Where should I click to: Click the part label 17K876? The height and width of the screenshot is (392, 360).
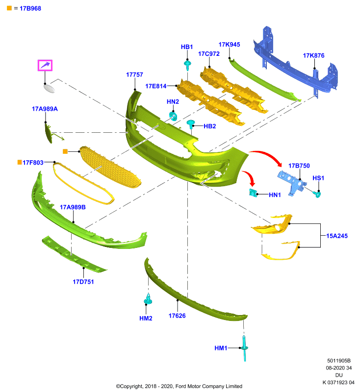click(x=313, y=55)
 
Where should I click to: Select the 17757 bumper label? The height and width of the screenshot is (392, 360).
click(x=134, y=75)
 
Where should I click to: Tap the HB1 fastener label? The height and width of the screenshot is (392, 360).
click(x=187, y=47)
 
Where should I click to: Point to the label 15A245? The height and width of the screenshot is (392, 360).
click(x=337, y=236)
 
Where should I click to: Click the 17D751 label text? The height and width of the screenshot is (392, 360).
click(x=83, y=282)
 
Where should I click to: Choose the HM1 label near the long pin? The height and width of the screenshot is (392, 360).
click(x=221, y=348)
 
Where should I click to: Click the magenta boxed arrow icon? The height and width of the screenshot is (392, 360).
click(x=45, y=66)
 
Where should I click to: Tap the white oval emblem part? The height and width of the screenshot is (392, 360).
click(x=49, y=89)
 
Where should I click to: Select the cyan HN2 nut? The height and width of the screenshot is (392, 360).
click(x=173, y=116)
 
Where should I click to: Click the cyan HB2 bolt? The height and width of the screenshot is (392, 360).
click(x=191, y=124)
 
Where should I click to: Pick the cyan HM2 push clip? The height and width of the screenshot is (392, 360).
click(x=148, y=299)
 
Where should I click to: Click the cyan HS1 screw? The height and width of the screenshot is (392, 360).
click(x=317, y=194)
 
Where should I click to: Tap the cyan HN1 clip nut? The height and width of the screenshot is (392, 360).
click(x=253, y=193)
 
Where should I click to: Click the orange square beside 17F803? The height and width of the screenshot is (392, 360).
click(x=20, y=162)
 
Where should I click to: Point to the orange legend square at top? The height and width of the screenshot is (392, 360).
click(x=9, y=8)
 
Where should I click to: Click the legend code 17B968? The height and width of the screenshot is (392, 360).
click(x=30, y=8)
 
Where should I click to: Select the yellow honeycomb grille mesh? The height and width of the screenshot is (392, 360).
click(x=110, y=167)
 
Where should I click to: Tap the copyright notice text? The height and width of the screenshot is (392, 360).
click(x=179, y=386)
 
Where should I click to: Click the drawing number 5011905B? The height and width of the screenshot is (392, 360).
click(x=339, y=361)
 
